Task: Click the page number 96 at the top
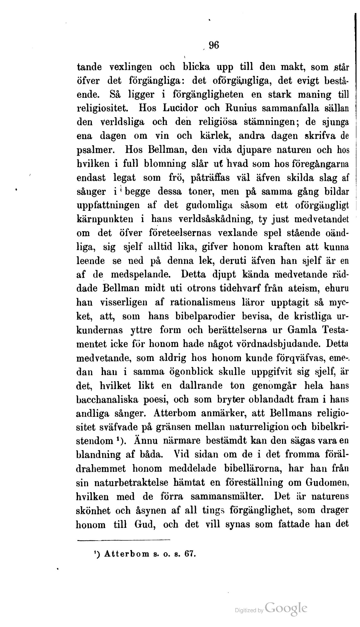pos(214,45)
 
